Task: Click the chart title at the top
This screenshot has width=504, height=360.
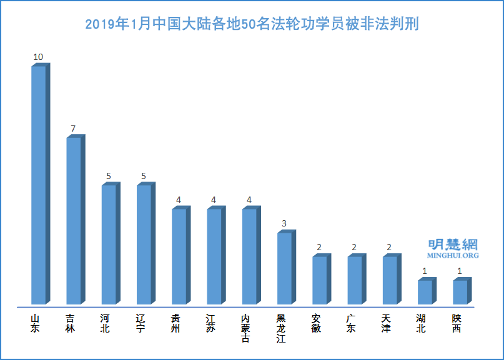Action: [252, 24]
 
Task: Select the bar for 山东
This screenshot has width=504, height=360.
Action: [39, 185]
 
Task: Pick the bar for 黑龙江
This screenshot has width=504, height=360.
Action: [284, 268]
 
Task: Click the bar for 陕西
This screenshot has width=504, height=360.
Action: [460, 291]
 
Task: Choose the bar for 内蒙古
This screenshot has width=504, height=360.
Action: [249, 256]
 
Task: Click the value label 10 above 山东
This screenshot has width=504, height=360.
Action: [38, 57]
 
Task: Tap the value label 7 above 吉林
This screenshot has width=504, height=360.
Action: [73, 129]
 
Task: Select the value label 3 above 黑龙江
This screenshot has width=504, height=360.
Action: [284, 223]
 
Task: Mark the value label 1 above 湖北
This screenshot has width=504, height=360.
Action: [425, 271]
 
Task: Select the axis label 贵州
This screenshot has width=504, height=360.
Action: [179, 323]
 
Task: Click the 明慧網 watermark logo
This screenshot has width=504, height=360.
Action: [453, 244]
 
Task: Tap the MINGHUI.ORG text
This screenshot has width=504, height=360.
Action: [453, 256]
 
